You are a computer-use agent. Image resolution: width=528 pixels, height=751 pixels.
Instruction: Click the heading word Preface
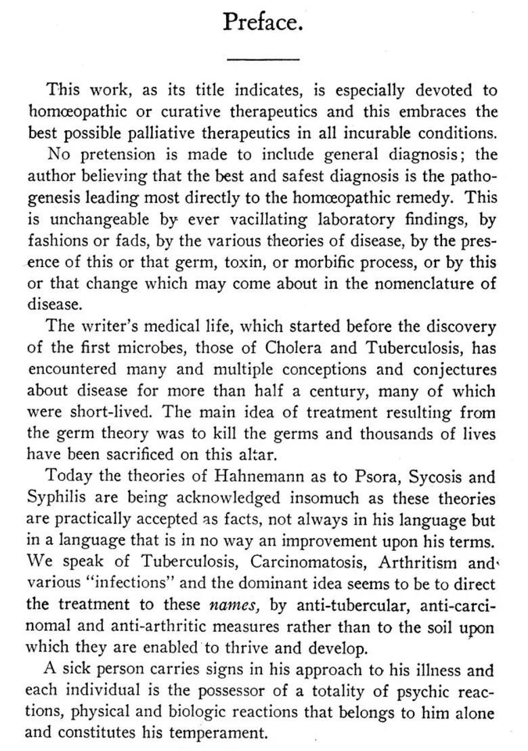(x=263, y=22)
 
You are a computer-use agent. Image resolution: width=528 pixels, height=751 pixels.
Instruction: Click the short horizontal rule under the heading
(x=263, y=60)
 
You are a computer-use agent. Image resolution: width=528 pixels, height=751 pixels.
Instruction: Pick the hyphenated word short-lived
(x=99, y=412)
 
